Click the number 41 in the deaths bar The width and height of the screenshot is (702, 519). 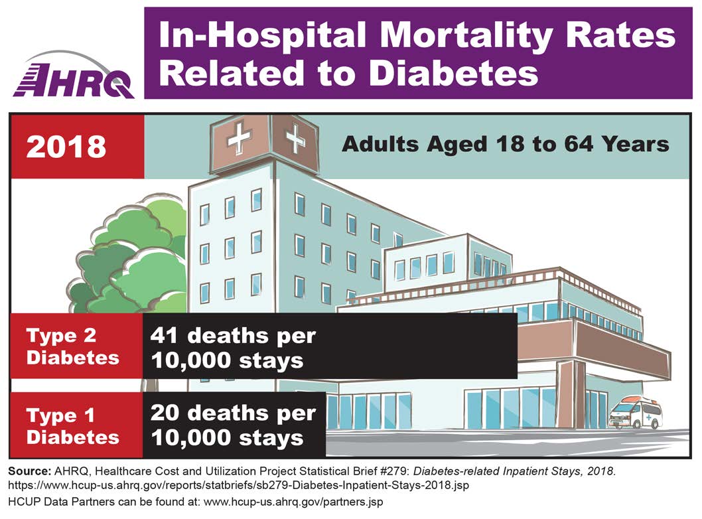166,335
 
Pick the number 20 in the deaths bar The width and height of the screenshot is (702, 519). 167,413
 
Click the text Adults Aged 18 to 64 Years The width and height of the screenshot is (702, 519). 505,144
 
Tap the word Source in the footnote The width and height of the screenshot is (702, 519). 29,471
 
